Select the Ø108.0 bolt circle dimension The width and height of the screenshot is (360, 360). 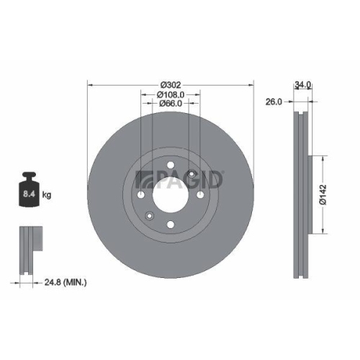(170, 94)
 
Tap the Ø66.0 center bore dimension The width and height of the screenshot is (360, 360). (170, 104)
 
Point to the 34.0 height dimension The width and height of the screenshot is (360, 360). (302, 84)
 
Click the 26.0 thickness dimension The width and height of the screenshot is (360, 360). (274, 102)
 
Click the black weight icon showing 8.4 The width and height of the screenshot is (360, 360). (29, 191)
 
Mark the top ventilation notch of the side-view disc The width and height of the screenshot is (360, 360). (300, 115)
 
